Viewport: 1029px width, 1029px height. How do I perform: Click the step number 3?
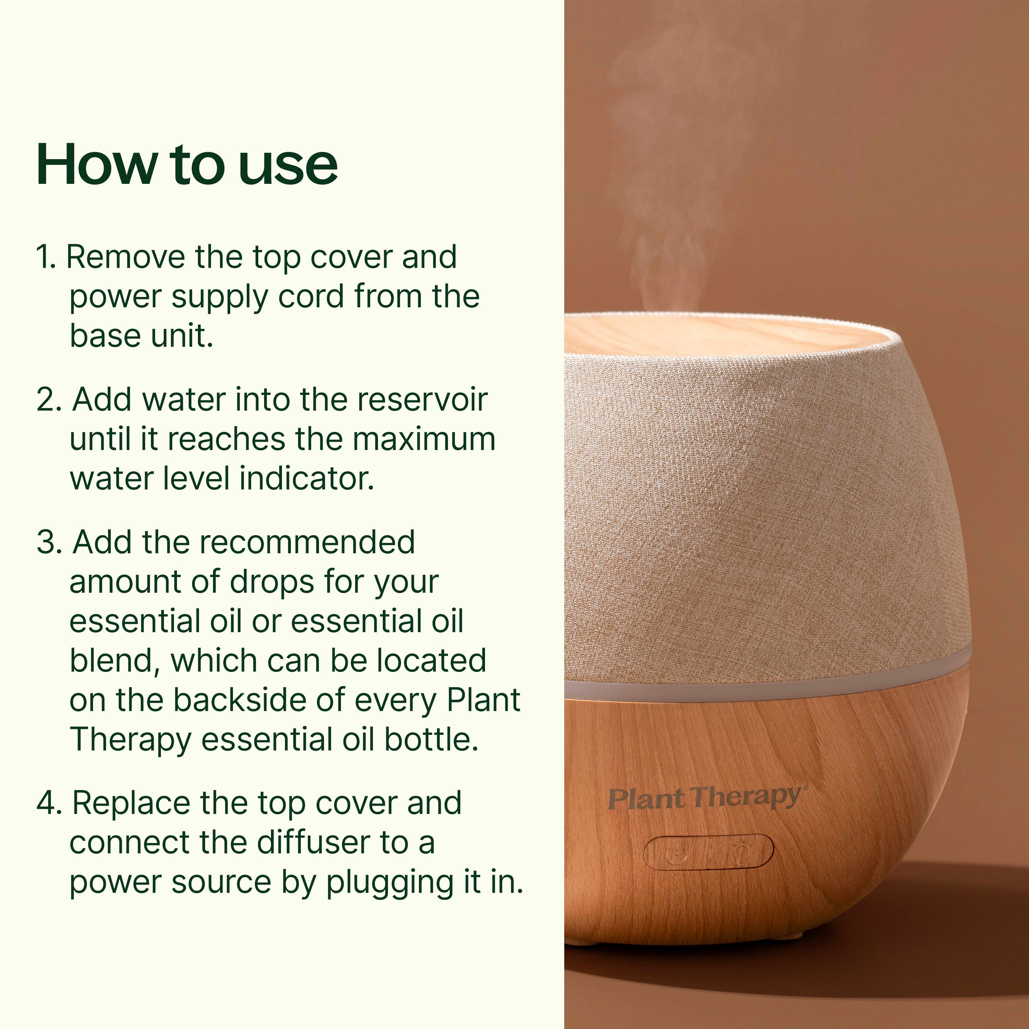click(49, 542)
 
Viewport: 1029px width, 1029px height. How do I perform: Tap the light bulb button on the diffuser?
click(740, 851)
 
